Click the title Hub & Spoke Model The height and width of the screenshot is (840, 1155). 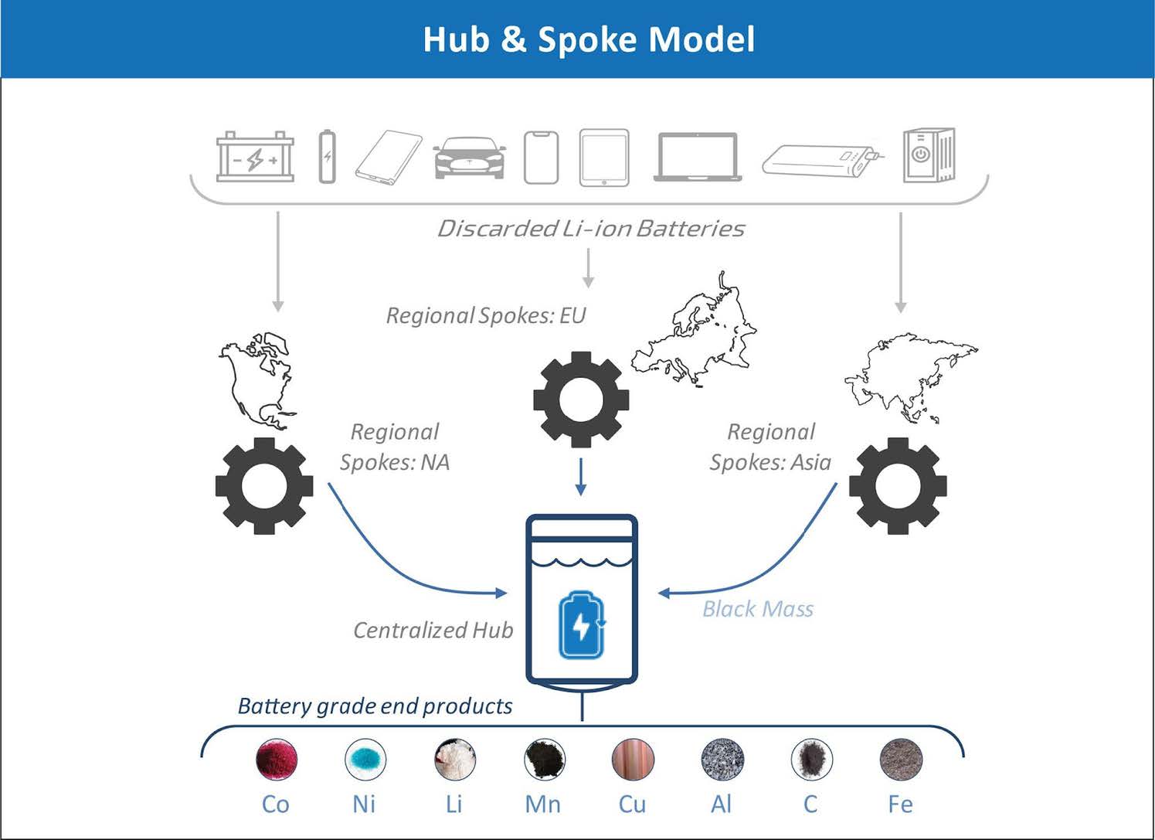click(x=589, y=39)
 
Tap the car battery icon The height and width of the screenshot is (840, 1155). click(x=255, y=157)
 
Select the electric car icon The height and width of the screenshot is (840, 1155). click(x=469, y=158)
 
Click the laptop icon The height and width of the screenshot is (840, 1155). click(x=698, y=157)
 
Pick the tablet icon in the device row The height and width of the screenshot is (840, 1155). click(x=604, y=158)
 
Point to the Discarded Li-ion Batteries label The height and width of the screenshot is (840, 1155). click(x=591, y=229)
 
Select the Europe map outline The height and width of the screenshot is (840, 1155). click(x=695, y=332)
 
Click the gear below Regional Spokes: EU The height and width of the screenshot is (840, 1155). click(x=581, y=400)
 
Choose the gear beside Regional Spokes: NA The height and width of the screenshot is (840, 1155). click(x=264, y=486)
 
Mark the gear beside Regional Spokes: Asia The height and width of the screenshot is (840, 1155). click(x=898, y=486)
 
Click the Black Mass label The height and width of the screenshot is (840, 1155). click(x=758, y=610)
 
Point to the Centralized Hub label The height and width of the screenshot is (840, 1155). click(x=433, y=631)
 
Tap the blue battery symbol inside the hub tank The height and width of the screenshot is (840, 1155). click(x=582, y=625)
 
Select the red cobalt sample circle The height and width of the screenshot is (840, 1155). click(x=277, y=759)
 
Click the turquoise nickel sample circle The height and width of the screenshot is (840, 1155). click(x=365, y=759)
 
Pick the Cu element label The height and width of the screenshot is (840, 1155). click(x=632, y=804)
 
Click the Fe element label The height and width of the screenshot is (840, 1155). click(x=900, y=804)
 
